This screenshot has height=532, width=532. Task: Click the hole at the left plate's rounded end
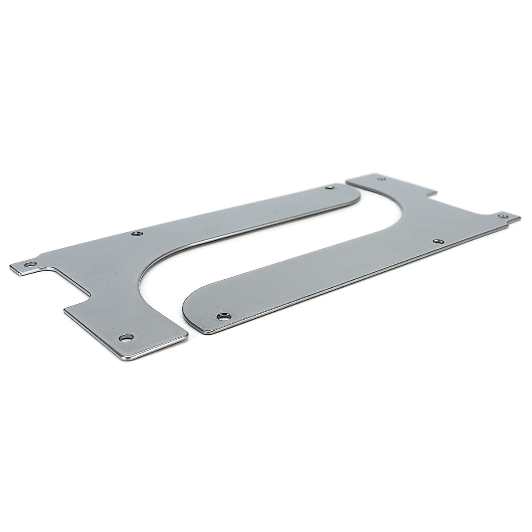pos(329,188)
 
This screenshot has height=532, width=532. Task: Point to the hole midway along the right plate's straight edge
pos(438,241)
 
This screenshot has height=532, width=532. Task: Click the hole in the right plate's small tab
pos(503,216)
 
